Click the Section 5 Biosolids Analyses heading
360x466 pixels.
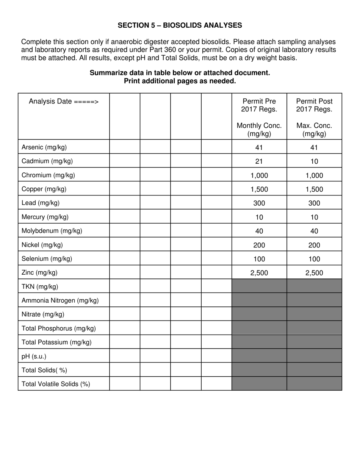pos(180,25)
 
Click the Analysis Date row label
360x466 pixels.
pos(64,102)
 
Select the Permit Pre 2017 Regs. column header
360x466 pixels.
pos(259,105)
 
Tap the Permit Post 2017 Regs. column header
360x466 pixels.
pos(314,105)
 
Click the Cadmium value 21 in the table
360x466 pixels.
pos(259,161)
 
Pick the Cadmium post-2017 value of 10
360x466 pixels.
pos(314,161)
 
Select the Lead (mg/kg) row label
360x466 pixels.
pos(41,203)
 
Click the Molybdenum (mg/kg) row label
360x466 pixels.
pos(52,231)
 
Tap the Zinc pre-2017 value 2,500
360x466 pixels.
pos(259,273)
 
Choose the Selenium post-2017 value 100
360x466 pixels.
pos(314,259)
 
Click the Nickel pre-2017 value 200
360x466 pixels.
pos(259,245)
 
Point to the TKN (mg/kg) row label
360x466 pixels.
pos(40,287)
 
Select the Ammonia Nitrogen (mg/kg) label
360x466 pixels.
pos(60,301)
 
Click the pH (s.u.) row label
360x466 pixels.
pos(34,357)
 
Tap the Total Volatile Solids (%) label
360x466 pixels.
pos(56,384)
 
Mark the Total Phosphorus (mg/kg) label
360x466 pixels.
pos(59,328)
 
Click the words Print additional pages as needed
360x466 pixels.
pos(180,81)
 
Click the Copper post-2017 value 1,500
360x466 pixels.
pos(314,189)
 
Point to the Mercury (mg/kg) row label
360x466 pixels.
pos(45,217)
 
